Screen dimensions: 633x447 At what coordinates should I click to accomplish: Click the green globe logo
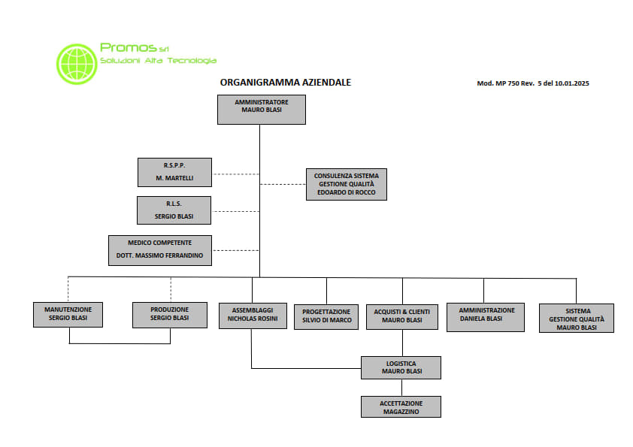(x=77, y=64)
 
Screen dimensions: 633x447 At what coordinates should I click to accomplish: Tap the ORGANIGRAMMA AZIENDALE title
(x=286, y=83)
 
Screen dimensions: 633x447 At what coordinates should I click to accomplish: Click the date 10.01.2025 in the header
(x=571, y=83)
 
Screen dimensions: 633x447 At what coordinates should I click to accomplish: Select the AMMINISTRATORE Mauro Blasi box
(x=262, y=110)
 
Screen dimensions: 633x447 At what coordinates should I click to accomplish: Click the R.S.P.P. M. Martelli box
(x=174, y=172)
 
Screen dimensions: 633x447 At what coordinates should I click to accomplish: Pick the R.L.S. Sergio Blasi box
(x=174, y=210)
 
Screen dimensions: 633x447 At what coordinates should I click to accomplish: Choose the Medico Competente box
(x=160, y=250)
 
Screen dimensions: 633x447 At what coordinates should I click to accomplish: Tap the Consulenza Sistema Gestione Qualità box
(x=347, y=184)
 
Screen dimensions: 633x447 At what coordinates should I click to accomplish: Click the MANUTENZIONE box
(x=68, y=314)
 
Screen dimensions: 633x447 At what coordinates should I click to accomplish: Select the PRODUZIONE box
(x=170, y=315)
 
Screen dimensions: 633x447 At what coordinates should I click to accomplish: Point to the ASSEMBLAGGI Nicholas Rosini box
(x=253, y=316)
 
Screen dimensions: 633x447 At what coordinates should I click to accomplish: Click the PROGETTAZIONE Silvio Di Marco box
(x=326, y=317)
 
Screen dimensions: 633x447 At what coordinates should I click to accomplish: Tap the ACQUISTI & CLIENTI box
(x=402, y=317)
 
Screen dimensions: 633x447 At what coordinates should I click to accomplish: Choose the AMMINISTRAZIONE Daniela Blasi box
(x=486, y=317)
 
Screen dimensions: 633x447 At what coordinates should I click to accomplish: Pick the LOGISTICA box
(x=401, y=367)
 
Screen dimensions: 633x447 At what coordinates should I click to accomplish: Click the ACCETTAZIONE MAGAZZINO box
(x=401, y=406)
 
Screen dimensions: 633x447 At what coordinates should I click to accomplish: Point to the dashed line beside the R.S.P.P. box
(x=236, y=174)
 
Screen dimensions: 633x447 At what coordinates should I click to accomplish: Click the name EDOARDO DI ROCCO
(x=347, y=192)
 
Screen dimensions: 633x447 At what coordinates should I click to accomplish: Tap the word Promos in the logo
(x=128, y=47)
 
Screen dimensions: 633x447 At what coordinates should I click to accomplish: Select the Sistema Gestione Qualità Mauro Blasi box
(x=577, y=318)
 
